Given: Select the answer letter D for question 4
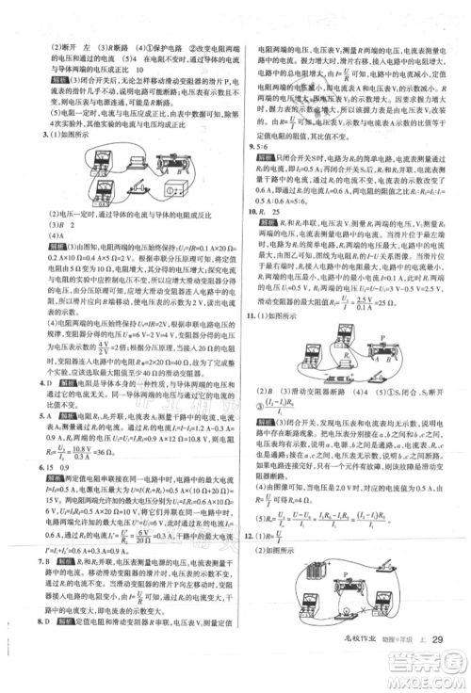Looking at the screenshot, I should point(43,384).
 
